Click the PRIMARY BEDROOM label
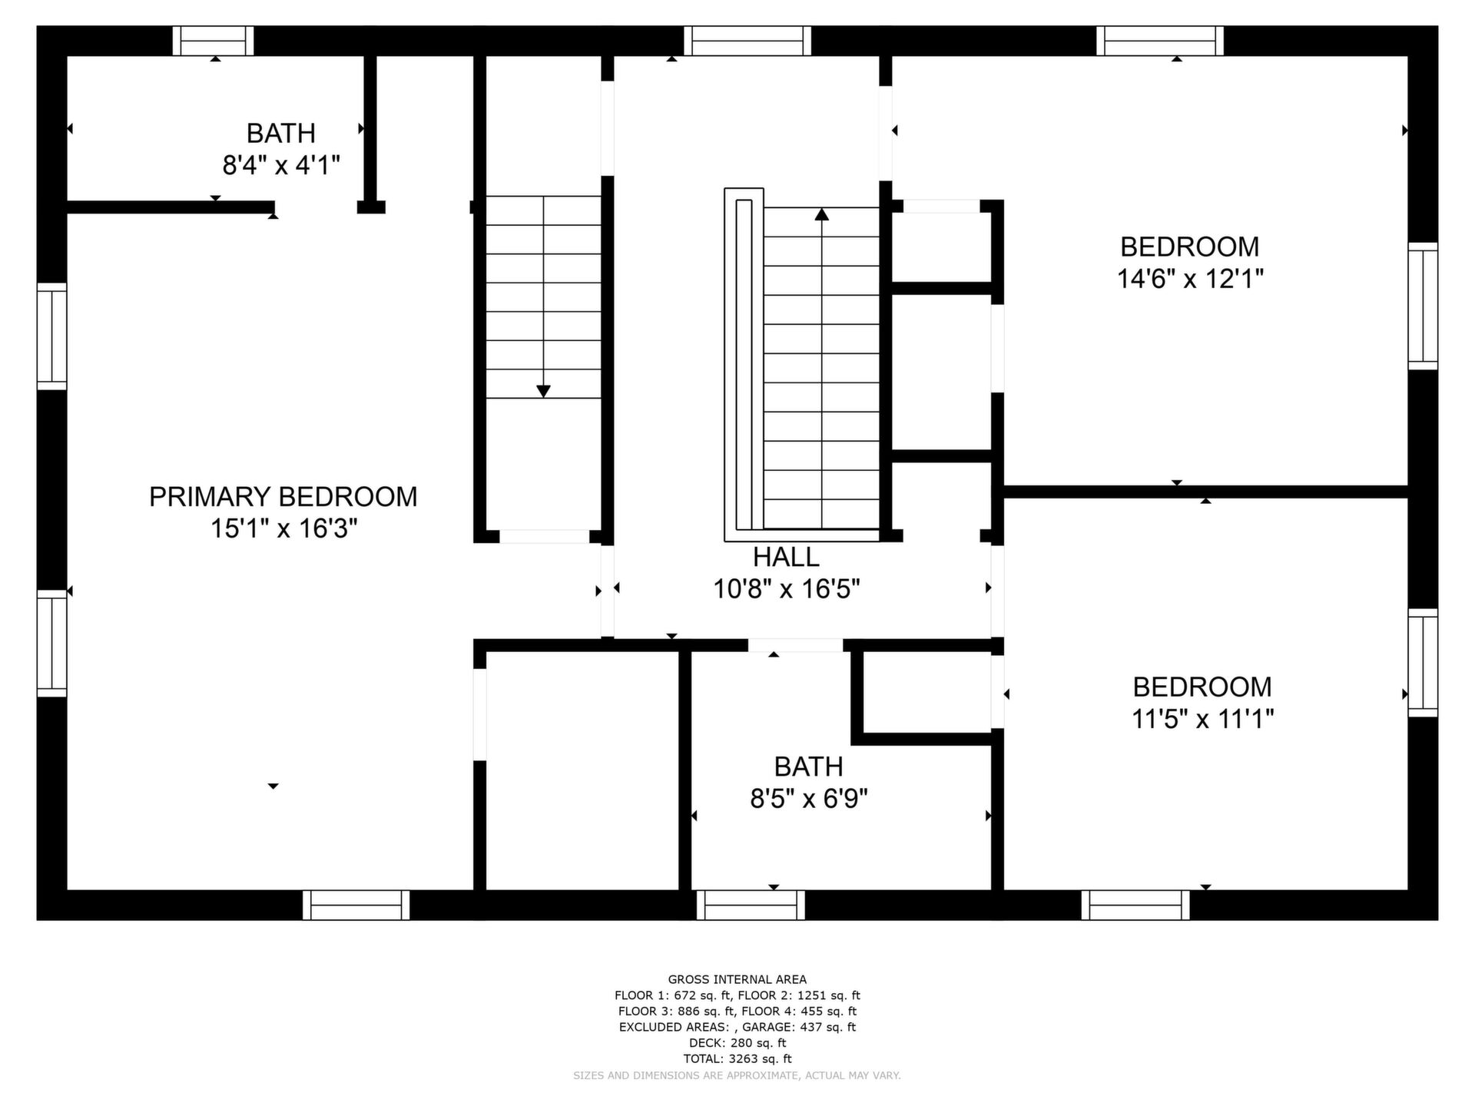point(283,497)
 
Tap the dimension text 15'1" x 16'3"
point(284,529)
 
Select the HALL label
point(786,557)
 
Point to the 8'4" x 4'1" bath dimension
point(281,165)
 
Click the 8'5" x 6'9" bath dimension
point(809,800)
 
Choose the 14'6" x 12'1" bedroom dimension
point(1190,279)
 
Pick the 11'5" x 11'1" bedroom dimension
point(1203,720)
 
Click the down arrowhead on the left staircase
point(543,392)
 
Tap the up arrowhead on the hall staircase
point(822,214)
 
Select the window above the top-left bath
point(213,41)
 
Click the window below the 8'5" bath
point(751,905)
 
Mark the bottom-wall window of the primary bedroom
point(356,905)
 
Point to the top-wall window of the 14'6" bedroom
point(1160,41)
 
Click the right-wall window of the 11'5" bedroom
point(1423,663)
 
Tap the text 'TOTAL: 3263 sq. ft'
point(737,1058)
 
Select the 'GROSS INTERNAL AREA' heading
point(737,979)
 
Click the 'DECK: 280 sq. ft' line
point(737,1043)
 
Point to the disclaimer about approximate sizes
point(737,1075)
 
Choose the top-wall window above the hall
point(747,41)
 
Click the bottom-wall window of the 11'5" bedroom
point(1135,905)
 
